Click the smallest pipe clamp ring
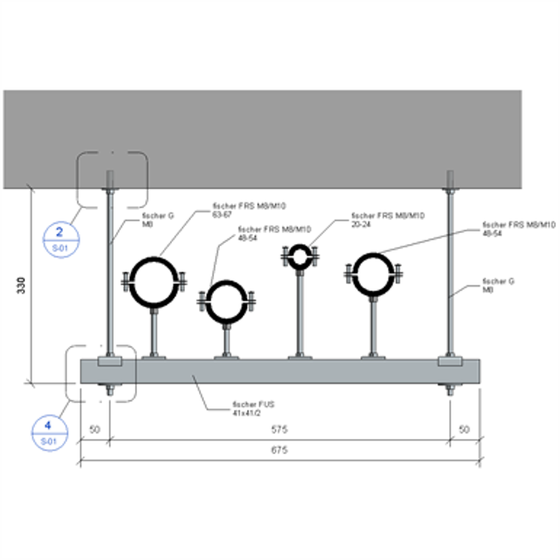click(x=299, y=256)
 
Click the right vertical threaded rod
click(x=450, y=274)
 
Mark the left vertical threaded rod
click(x=109, y=274)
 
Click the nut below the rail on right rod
click(x=450, y=391)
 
